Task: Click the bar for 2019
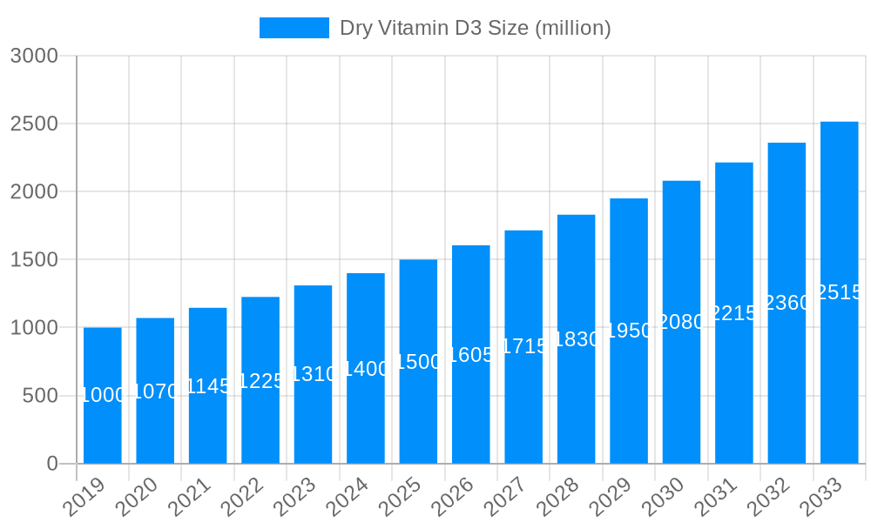click(103, 396)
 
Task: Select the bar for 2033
click(840, 292)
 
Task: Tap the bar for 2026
click(471, 354)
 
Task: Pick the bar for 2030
click(681, 322)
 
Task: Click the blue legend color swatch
click(294, 28)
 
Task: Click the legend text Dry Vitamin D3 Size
click(475, 28)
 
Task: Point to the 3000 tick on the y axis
click(34, 56)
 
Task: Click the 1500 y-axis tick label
click(34, 259)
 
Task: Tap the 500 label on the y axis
click(39, 396)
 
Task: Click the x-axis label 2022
click(245, 498)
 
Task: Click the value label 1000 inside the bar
click(103, 395)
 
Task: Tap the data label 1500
click(418, 362)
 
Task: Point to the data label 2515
click(840, 292)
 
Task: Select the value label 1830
click(577, 339)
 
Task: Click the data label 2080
click(681, 322)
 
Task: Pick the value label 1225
click(260, 380)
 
